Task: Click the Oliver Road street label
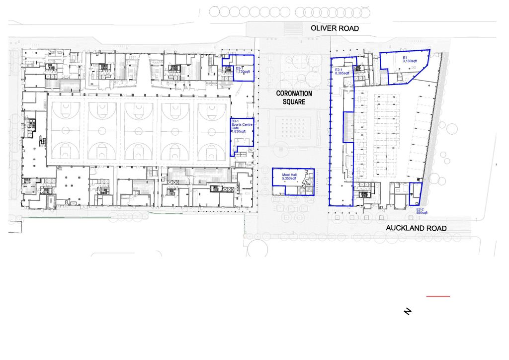[335, 29]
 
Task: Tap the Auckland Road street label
[417, 228]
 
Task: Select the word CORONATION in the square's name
[294, 93]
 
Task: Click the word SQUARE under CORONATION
[294, 102]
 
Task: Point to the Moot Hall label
[289, 175]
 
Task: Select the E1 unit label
[405, 58]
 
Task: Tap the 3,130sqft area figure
[410, 61]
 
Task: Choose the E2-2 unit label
[420, 209]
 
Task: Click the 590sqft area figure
[422, 213]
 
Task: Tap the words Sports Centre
[242, 124]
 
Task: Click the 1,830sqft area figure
[239, 132]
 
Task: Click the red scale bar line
[438, 296]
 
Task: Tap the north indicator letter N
[408, 312]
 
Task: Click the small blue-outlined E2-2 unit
[415, 194]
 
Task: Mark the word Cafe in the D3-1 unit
[235, 128]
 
